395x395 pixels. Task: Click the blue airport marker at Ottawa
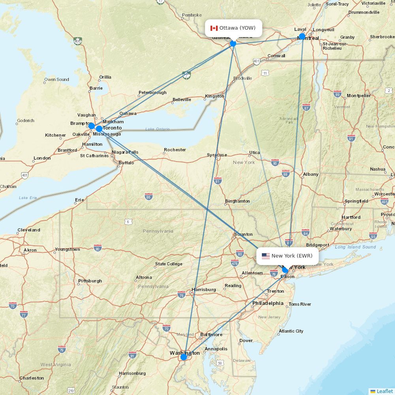tap(233, 43)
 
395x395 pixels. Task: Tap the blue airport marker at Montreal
tap(302, 37)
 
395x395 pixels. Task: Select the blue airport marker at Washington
tap(184, 357)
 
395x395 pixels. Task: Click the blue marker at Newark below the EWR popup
tap(285, 270)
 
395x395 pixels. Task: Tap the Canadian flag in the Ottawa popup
tap(214, 28)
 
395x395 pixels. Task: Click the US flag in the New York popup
tap(266, 256)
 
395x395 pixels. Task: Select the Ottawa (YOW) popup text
tap(237, 28)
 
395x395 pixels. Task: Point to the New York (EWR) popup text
tap(292, 256)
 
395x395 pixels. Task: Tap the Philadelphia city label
tap(268, 303)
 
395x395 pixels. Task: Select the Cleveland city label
tap(28, 230)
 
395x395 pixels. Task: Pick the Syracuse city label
tap(217, 155)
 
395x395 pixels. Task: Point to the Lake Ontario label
tap(157, 129)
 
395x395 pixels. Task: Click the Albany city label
tap(310, 175)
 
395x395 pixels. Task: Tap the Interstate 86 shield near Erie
tap(149, 197)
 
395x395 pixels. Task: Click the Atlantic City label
tap(291, 331)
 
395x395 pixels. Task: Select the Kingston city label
tap(214, 96)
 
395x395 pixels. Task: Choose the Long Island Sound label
tap(355, 247)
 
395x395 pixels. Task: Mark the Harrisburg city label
tap(203, 290)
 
